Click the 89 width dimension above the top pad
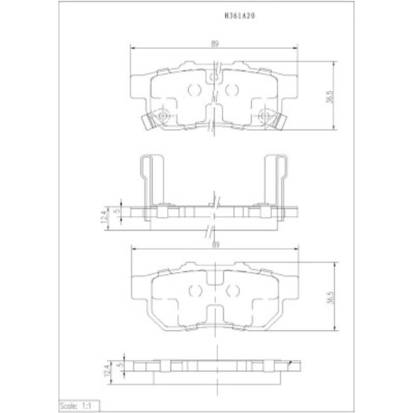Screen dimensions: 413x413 (215, 43)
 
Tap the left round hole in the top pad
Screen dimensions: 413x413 (196, 89)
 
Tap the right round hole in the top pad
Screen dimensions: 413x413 (233, 89)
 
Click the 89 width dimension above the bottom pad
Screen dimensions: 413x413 (215, 244)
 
